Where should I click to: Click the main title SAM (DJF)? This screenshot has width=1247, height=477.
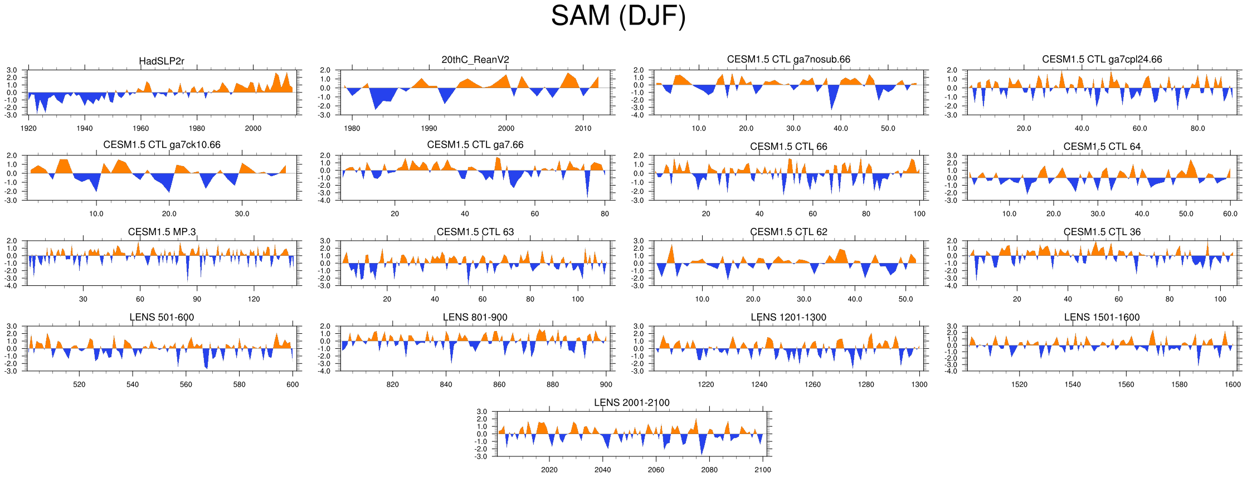pyautogui.click(x=618, y=16)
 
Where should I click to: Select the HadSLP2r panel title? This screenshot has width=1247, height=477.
pyautogui.click(x=162, y=61)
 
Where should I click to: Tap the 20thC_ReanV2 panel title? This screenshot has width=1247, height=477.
pyautogui.click(x=475, y=60)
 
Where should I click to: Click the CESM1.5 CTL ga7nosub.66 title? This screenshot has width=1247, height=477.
pyautogui.click(x=788, y=59)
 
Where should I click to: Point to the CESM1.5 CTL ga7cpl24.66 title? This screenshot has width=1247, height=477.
pyautogui.click(x=1102, y=59)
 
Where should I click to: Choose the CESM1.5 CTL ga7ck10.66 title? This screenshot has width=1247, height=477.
pyautogui.click(x=162, y=145)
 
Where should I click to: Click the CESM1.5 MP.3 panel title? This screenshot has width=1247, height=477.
pyautogui.click(x=162, y=232)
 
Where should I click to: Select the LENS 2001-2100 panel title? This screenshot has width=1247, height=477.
pyautogui.click(x=631, y=402)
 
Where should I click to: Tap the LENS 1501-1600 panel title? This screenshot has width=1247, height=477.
pyautogui.click(x=1102, y=317)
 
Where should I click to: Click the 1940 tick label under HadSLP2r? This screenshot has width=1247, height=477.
pyautogui.click(x=85, y=128)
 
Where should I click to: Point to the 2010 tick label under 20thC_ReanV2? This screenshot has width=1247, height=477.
pyautogui.click(x=583, y=128)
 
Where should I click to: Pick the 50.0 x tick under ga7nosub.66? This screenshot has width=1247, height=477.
pyautogui.click(x=888, y=128)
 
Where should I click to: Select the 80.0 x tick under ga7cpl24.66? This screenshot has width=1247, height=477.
pyautogui.click(x=1197, y=128)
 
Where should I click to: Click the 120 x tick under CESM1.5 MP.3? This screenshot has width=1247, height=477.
pyautogui.click(x=254, y=299)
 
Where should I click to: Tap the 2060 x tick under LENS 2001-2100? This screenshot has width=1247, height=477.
pyautogui.click(x=656, y=470)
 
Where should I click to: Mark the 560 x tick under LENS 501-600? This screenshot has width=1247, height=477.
pyautogui.click(x=186, y=384)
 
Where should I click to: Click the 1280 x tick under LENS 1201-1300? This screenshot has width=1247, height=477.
pyautogui.click(x=866, y=384)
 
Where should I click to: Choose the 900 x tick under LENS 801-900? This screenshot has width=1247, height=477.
pyautogui.click(x=606, y=384)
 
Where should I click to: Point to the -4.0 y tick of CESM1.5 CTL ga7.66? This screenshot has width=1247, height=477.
pyautogui.click(x=325, y=201)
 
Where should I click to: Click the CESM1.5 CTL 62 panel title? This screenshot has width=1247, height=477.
pyautogui.click(x=788, y=232)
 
